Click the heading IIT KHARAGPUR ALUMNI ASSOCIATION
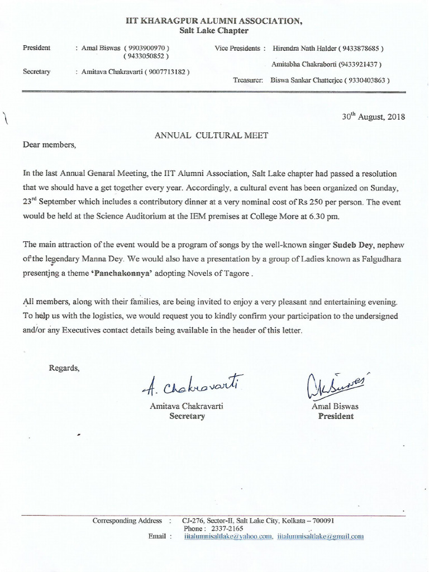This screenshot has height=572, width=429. click(x=214, y=21)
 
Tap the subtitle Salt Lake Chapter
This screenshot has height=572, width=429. click(x=214, y=31)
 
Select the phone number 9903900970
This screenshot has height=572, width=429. click(x=148, y=48)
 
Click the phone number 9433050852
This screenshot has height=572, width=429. click(x=148, y=56)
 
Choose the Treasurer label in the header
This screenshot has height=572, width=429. click(x=247, y=80)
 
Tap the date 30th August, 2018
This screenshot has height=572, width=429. click(x=373, y=117)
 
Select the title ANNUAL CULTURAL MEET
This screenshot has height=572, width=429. click(x=211, y=135)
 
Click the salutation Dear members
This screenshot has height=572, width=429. click(x=49, y=145)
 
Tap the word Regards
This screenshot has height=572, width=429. click(x=64, y=368)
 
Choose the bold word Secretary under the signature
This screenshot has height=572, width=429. click(x=187, y=416)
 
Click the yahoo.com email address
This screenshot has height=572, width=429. click(x=228, y=536)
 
